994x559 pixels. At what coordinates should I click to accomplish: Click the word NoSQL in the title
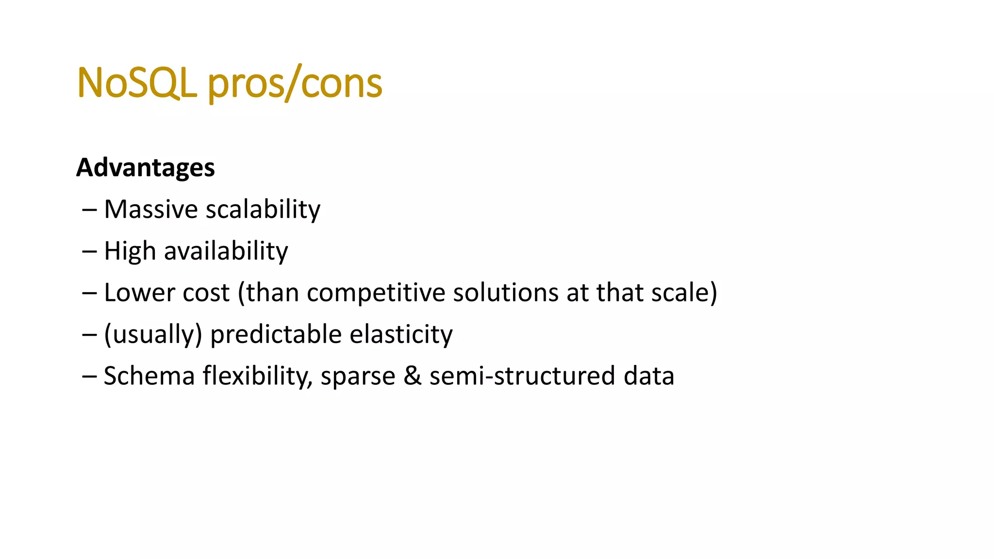[136, 83]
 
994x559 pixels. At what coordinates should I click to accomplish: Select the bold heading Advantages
[145, 168]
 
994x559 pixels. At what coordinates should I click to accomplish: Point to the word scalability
[263, 210]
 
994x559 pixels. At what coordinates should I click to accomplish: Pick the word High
[130, 251]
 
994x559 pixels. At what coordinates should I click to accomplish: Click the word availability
[226, 251]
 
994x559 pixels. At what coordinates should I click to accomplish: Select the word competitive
[376, 293]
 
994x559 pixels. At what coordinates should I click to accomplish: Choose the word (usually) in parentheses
[153, 334]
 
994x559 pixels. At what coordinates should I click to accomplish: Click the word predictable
[276, 334]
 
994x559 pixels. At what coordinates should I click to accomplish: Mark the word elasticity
[401, 334]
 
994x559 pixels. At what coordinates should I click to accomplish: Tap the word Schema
[149, 376]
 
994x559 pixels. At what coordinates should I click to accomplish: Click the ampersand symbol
[412, 376]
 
